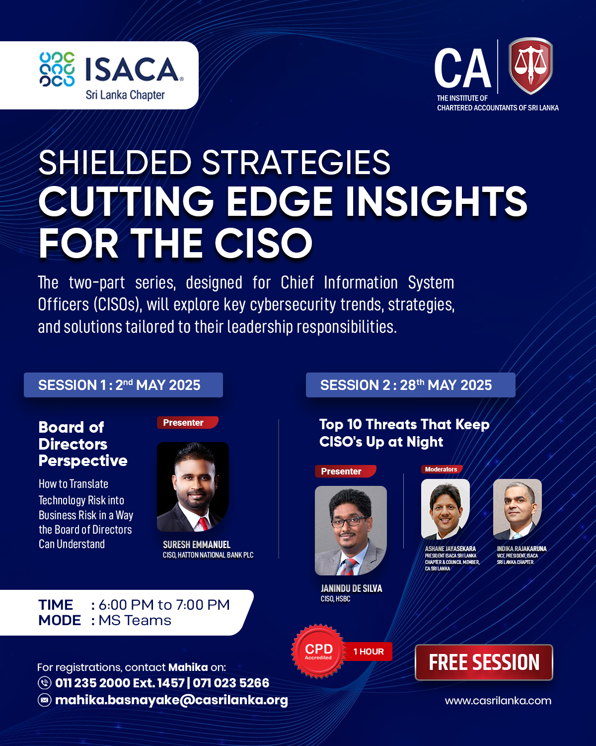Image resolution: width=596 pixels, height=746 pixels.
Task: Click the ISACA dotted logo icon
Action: point(57,69)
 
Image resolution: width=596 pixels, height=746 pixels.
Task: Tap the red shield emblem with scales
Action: point(530,66)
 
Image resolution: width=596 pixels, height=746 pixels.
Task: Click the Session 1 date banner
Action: point(123,385)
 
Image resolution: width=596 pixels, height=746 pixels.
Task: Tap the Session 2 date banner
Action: point(410,385)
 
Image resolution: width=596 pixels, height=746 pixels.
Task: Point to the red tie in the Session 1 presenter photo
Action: point(203,524)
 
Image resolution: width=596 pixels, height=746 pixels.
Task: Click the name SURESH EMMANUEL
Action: point(197,545)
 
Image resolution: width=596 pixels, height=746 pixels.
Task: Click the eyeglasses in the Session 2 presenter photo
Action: point(350,522)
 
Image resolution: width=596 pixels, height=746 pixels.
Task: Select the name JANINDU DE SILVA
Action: point(352,588)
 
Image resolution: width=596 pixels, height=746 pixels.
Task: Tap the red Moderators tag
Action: point(442,469)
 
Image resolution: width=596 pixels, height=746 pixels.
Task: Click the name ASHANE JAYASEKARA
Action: point(450,549)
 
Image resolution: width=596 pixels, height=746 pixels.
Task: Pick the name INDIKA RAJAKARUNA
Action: point(521,549)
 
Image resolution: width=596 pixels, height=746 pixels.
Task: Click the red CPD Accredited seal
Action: point(318,652)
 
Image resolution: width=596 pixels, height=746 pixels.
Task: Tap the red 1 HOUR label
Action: point(369,652)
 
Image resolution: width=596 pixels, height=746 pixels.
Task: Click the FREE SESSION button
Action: point(484,662)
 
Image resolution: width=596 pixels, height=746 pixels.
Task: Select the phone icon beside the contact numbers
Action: point(44,683)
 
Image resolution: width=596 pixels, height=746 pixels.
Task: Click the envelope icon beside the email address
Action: point(44,700)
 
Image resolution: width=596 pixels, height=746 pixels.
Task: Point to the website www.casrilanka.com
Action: point(498,701)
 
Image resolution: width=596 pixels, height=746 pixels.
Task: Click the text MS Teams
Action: point(135,620)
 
